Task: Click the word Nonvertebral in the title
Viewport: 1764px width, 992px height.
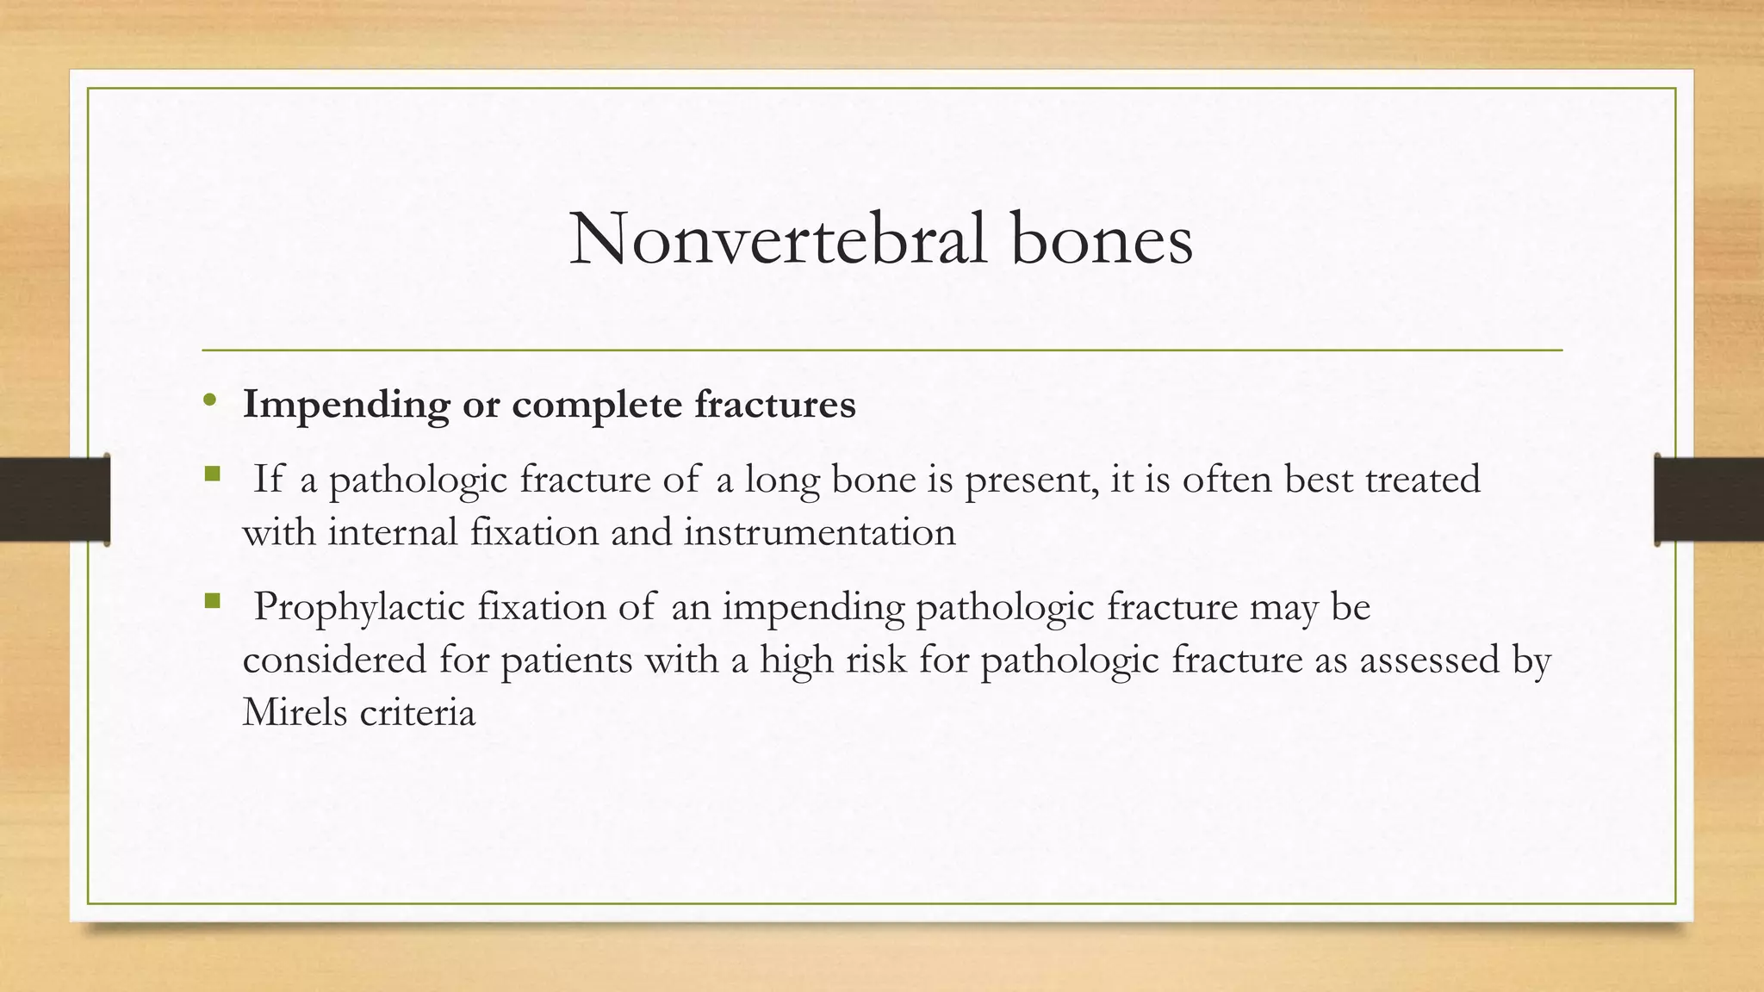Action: click(778, 239)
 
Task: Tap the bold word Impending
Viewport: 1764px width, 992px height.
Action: click(345, 405)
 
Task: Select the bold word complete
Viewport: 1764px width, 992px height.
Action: click(597, 405)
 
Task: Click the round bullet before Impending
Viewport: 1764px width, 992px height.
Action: click(209, 400)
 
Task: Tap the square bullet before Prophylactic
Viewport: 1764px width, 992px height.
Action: click(213, 600)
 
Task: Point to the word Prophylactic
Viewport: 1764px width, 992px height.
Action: click(359, 608)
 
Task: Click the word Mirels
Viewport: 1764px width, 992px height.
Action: click(294, 713)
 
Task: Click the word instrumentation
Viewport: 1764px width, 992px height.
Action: click(820, 532)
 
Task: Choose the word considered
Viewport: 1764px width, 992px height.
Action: click(334, 660)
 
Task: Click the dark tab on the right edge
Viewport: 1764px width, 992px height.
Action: click(1709, 499)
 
